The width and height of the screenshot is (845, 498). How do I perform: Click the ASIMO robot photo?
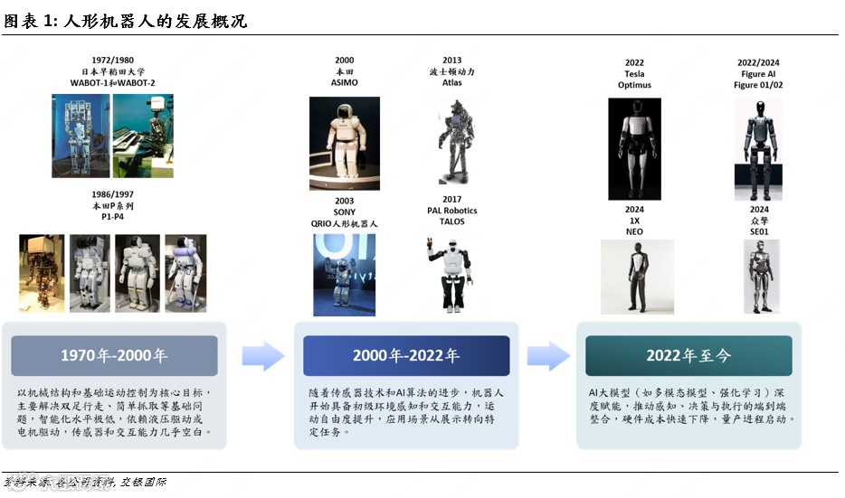tap(345, 139)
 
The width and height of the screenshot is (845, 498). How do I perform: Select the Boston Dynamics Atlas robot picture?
tap(451, 140)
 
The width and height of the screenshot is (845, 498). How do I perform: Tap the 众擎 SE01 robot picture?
tap(758, 276)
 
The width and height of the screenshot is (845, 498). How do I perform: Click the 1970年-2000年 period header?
tap(114, 356)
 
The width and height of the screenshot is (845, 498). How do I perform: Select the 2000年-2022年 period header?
tap(404, 356)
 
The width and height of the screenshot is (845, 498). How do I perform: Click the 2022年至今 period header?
tap(688, 356)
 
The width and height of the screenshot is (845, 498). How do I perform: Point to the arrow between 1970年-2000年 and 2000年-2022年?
tap(262, 356)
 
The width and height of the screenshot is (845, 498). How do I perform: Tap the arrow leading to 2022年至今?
tap(547, 356)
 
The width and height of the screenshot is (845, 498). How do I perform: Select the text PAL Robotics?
tap(451, 211)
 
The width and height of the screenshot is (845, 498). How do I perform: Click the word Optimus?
tap(634, 85)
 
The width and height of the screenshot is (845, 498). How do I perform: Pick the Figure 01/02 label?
tap(758, 85)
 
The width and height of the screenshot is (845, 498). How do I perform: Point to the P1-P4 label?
tap(113, 218)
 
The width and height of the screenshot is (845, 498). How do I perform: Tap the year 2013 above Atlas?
tap(451, 61)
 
